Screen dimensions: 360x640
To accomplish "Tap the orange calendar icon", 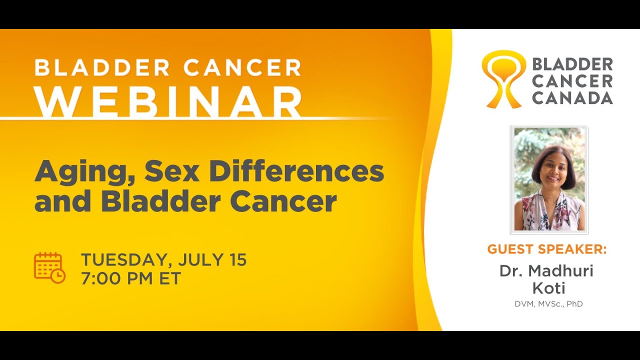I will (49, 268).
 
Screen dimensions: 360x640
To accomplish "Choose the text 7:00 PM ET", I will (130, 278).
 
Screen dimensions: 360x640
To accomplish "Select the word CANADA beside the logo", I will (572, 97).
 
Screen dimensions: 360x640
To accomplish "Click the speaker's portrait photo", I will (549, 179).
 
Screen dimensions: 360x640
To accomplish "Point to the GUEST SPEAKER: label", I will (547, 249).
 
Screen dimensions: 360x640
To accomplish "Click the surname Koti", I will (548, 288).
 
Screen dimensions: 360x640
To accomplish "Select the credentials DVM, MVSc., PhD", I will (548, 303).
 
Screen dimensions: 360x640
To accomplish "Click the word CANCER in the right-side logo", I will (572, 81).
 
